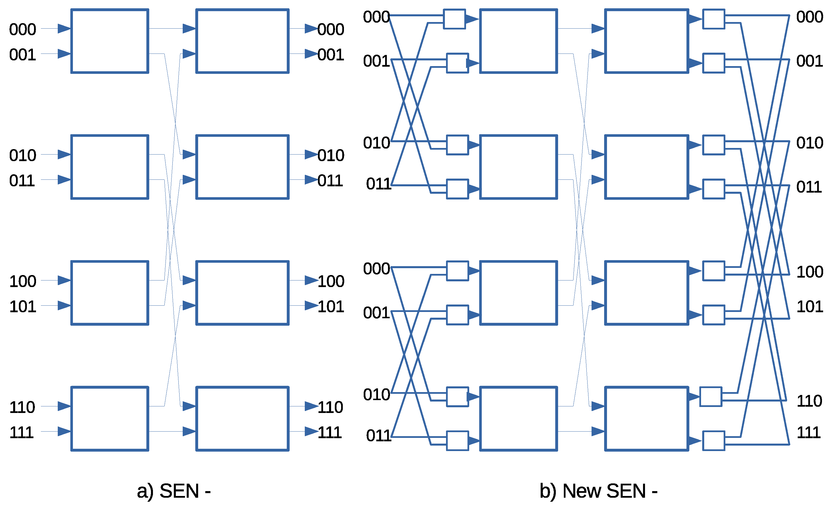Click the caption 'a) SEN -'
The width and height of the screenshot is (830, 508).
coord(174,491)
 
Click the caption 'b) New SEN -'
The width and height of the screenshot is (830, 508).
coord(598,491)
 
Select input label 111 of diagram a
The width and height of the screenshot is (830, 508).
coord(21,432)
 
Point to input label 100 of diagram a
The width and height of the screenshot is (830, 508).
coord(23,281)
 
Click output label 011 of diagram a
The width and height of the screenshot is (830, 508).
coord(330,181)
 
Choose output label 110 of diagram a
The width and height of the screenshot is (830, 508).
coord(330,407)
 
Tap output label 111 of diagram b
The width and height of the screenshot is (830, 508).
coord(809,432)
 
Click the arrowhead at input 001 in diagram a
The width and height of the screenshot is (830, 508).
coord(64,54)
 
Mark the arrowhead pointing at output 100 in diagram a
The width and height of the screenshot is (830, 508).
coord(311,280)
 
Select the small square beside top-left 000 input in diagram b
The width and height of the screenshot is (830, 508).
coord(454,19)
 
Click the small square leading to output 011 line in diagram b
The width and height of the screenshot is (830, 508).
coord(713,189)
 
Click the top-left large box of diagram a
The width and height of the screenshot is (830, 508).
coord(110,41)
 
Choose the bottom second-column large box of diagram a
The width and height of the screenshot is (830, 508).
coord(242,419)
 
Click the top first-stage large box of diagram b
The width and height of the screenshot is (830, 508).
coord(518,41)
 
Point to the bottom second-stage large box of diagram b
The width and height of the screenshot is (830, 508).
coord(646,419)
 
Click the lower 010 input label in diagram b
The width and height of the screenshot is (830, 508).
coord(377,395)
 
